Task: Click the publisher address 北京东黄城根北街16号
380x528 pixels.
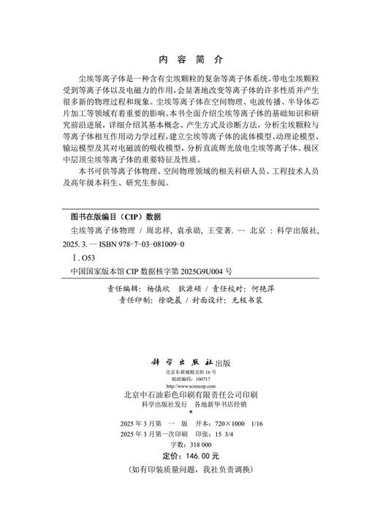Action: [190, 351]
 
